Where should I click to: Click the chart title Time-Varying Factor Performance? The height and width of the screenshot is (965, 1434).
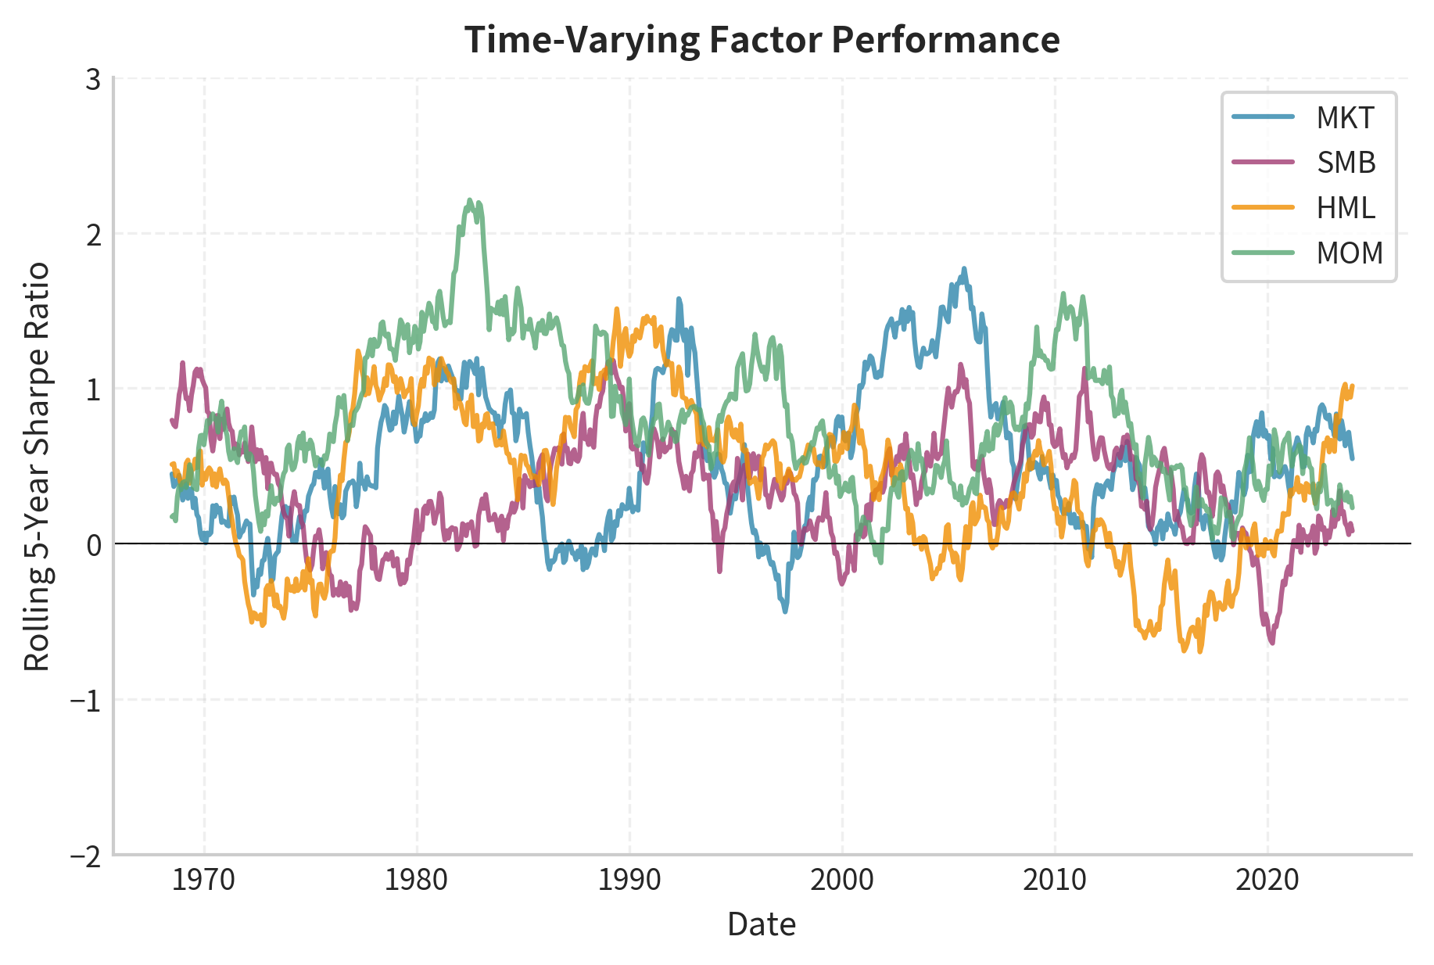click(762, 39)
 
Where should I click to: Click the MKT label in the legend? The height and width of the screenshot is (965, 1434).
click(1345, 118)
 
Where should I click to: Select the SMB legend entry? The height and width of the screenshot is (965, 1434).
click(1346, 163)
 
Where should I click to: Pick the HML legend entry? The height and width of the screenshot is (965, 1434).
click(1345, 208)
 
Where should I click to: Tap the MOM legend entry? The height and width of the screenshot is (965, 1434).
click(1350, 253)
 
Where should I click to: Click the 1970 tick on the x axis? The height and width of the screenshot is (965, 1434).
click(203, 881)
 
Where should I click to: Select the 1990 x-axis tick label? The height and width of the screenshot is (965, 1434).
click(629, 881)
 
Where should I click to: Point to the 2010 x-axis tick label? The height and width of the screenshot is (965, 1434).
click(1054, 881)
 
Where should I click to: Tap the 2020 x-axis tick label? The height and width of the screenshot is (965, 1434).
click(1267, 881)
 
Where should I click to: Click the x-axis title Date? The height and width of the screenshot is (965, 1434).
click(761, 925)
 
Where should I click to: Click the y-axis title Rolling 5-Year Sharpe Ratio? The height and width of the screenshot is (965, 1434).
click(37, 467)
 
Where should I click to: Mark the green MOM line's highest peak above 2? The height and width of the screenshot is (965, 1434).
click(469, 200)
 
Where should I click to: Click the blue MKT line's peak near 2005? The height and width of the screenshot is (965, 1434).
click(964, 268)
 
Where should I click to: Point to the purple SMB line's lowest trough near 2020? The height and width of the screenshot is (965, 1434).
click(1272, 643)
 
